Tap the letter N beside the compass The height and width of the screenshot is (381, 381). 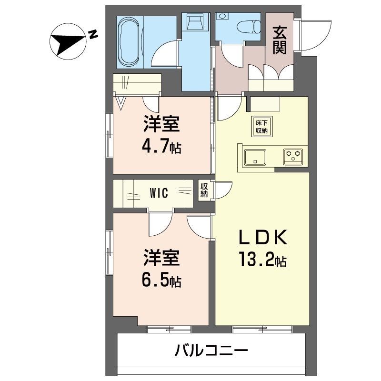click(93, 34)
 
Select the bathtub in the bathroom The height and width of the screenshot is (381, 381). click(130, 42)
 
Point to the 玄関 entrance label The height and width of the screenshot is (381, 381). click(280, 40)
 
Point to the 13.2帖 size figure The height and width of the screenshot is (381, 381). click(260, 261)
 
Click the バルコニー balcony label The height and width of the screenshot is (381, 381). click(211, 352)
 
